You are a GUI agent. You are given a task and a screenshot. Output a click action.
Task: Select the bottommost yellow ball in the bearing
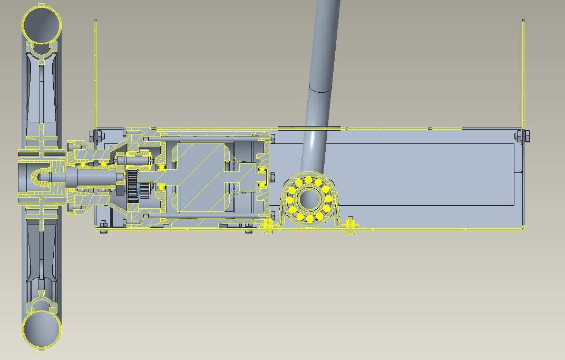(x=309, y=218)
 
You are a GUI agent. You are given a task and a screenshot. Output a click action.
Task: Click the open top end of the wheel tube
(x=41, y=24)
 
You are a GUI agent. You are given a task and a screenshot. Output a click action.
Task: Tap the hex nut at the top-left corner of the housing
(x=95, y=137)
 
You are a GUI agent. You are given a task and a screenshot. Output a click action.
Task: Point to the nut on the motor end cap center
(x=272, y=177)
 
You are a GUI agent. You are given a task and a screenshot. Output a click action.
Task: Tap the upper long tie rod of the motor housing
(x=211, y=139)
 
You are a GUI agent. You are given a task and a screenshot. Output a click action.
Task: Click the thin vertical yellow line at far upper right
(x=523, y=74)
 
